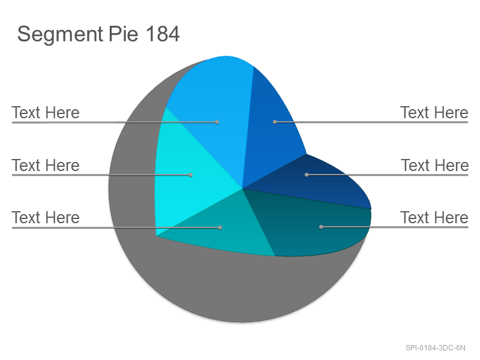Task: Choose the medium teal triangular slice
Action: pyautogui.click(x=223, y=227)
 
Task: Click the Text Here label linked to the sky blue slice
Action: pyautogui.click(x=46, y=112)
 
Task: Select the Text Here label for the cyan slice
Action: pyautogui.click(x=46, y=166)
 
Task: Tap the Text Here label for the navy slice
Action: pyautogui.click(x=434, y=166)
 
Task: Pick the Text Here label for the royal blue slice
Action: pyautogui.click(x=434, y=112)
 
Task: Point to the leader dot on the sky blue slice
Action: pyautogui.click(x=217, y=122)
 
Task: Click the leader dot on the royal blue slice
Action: pyautogui.click(x=275, y=122)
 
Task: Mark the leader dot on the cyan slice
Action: pyautogui.click(x=191, y=175)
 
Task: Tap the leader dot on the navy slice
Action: pyautogui.click(x=307, y=175)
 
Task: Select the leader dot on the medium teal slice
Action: pyautogui.click(x=220, y=227)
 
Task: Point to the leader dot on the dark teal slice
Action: pyautogui.click(x=321, y=227)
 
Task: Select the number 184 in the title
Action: pyautogui.click(x=163, y=34)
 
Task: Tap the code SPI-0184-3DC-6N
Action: pyautogui.click(x=436, y=348)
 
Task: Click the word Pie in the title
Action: pyautogui.click(x=124, y=34)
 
